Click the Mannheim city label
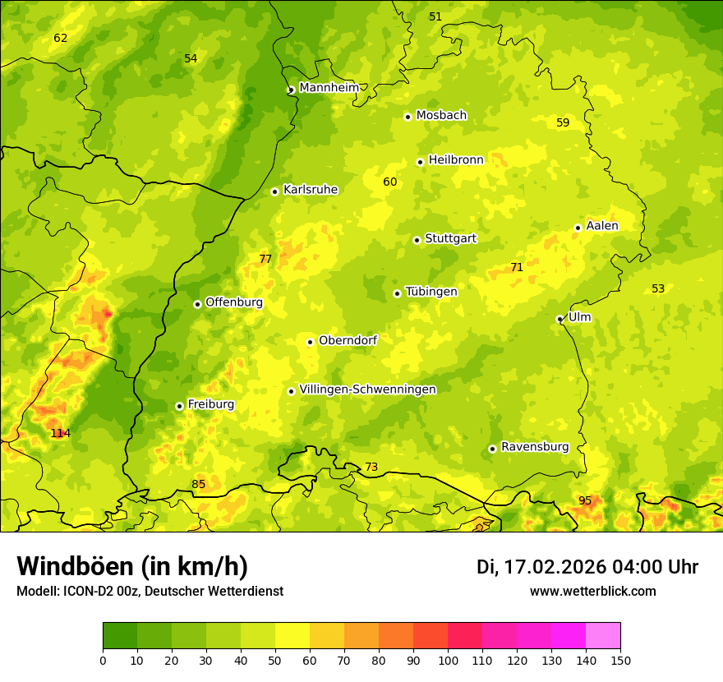(329, 88)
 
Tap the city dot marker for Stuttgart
(417, 240)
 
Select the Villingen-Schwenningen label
(367, 389)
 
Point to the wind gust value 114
(61, 433)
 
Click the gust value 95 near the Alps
(585, 500)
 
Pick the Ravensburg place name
(535, 447)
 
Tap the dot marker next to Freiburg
(179, 406)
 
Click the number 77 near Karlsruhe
(265, 259)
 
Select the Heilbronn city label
(456, 160)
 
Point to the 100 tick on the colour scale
(448, 660)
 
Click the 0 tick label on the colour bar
(103, 660)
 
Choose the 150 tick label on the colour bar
(620, 660)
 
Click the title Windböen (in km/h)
(132, 566)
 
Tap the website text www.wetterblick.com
(592, 591)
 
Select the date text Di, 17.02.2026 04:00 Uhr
(587, 567)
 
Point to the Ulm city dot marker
(560, 319)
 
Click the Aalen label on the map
(602, 226)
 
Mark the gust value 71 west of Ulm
(517, 267)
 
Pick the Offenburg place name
(234, 302)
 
